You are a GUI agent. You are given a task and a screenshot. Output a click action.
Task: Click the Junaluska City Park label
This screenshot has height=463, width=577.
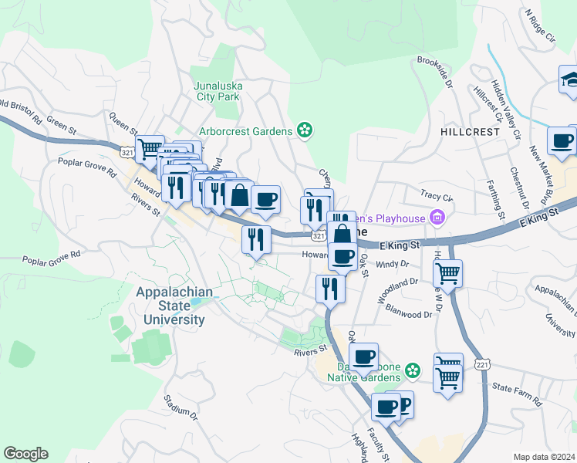(217, 91)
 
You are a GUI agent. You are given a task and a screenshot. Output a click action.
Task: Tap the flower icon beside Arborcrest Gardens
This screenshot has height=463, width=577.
(305, 130)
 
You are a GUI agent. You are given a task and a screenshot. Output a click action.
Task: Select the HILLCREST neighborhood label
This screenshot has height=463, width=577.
(471, 132)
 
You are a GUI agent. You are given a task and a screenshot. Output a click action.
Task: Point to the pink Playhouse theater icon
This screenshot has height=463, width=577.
(438, 218)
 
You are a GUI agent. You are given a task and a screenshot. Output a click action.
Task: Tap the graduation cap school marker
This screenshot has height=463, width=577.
(569, 79)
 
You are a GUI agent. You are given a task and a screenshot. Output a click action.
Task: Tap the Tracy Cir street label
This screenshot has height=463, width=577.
(436, 196)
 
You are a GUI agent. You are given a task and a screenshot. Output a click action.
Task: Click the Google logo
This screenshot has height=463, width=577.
(25, 454)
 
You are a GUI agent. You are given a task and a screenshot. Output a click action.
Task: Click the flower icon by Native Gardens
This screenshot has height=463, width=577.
(413, 371)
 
